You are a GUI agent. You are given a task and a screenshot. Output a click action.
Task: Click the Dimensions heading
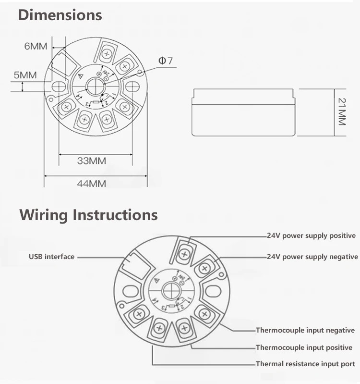[x=60, y=15]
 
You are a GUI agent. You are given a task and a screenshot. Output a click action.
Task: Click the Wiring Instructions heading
[x=88, y=214]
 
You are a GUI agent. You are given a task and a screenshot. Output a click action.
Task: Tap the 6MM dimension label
[x=36, y=46]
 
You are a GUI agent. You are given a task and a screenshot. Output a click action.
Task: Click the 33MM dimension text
[x=91, y=161]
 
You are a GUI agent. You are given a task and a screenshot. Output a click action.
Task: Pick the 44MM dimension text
[x=91, y=183]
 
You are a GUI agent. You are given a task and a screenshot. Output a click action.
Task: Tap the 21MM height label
[x=341, y=111]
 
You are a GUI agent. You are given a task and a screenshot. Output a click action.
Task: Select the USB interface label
[x=51, y=257]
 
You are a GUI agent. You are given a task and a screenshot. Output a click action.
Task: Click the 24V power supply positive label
[x=311, y=235]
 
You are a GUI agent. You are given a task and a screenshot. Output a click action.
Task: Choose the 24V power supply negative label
[x=312, y=257]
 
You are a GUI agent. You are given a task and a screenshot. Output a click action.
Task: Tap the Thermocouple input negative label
[x=305, y=330]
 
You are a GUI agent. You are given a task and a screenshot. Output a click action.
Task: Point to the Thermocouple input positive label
[x=304, y=347]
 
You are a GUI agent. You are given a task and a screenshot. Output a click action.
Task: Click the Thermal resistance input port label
[x=305, y=364]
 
